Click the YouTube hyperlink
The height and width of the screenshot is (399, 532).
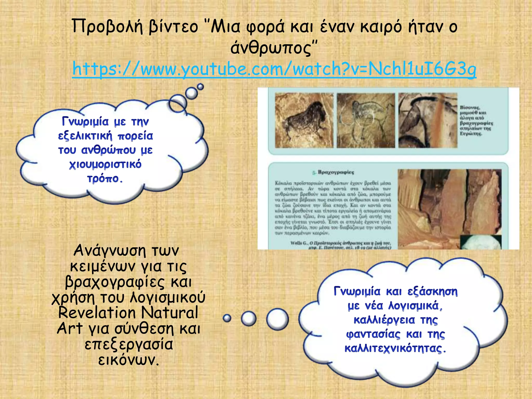[x=274, y=69]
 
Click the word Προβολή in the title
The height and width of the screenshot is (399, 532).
[x=107, y=27]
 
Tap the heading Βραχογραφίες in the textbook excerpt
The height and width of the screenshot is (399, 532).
[x=336, y=172]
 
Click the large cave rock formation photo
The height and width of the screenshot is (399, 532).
[x=449, y=208]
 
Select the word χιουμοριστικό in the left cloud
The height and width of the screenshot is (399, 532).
[x=105, y=164]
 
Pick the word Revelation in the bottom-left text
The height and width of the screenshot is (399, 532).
[x=97, y=312]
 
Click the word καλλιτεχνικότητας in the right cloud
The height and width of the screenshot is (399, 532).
[x=395, y=348]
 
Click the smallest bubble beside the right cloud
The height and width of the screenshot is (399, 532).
[x=227, y=318]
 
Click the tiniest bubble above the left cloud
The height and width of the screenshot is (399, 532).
[x=200, y=87]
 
